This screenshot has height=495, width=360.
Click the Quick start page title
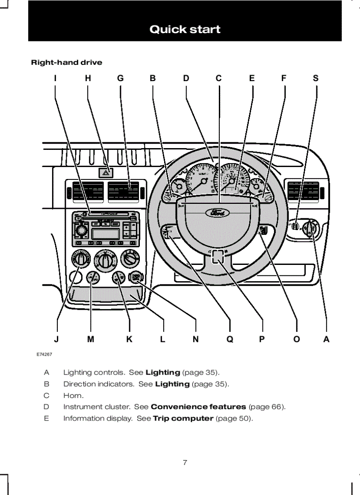185,30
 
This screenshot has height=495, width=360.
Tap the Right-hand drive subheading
66,63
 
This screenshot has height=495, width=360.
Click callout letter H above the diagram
88,78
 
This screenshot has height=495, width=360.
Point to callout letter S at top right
315,78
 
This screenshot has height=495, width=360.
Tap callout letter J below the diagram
56,339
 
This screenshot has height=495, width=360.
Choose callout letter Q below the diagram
229,339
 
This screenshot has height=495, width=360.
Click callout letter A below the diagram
326,339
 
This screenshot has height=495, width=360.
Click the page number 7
185,462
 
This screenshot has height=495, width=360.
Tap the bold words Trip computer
183,418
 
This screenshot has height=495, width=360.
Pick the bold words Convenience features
198,407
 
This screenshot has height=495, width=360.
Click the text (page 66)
267,407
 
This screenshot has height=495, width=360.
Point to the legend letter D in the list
46,407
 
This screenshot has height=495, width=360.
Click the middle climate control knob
105,260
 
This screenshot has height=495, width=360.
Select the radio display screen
106,234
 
